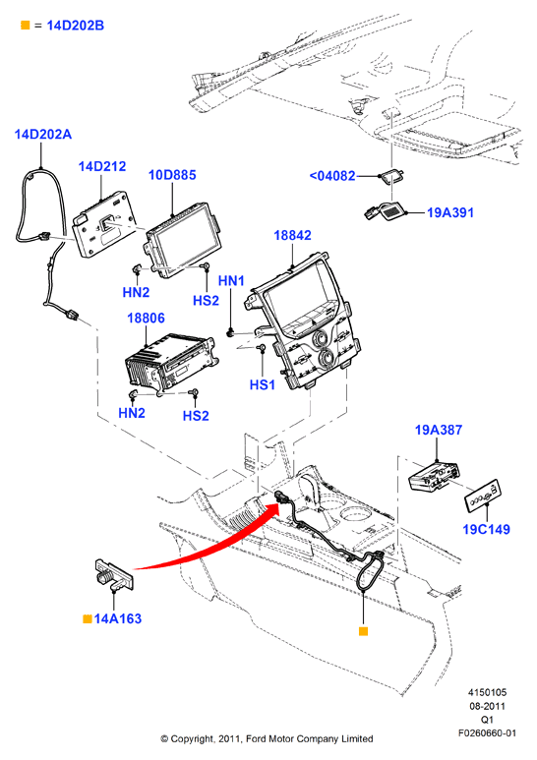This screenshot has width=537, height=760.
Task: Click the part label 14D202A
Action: click(43, 135)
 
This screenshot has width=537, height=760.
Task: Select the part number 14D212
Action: click(102, 166)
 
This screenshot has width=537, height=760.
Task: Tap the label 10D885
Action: click(172, 174)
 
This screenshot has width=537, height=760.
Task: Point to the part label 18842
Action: click(292, 235)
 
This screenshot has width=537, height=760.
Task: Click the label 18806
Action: click(146, 318)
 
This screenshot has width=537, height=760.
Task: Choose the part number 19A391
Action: click(450, 212)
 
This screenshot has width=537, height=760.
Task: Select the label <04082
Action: click(332, 175)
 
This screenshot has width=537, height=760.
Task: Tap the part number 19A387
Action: click(439, 430)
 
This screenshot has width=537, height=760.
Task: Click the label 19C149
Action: click(487, 529)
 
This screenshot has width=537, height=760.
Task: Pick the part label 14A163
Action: click(118, 618)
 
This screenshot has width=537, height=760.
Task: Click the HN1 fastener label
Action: click(231, 280)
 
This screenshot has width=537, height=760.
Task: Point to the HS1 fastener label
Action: click(263, 384)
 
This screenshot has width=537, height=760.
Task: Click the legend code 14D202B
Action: click(75, 26)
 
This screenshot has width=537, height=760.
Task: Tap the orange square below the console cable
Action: click(363, 631)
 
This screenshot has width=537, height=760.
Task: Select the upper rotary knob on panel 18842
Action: click(320, 338)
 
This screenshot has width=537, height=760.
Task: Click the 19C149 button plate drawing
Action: click(483, 496)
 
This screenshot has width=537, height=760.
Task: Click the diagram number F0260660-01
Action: click(487, 732)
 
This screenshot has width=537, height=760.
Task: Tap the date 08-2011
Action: click(487, 706)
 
